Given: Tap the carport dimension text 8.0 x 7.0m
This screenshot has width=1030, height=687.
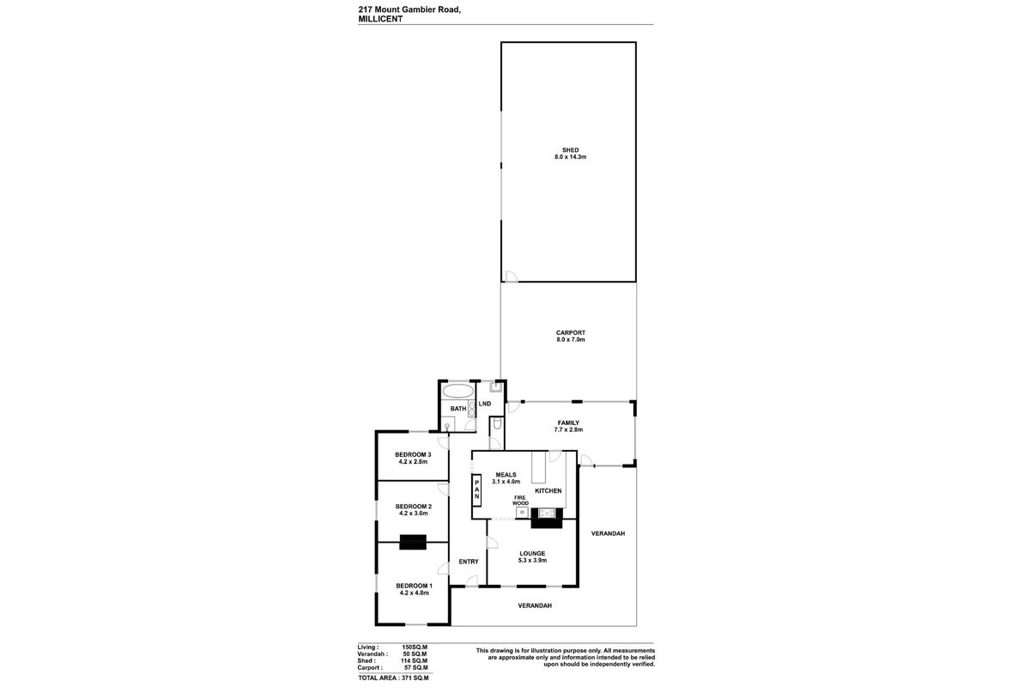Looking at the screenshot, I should (570, 340).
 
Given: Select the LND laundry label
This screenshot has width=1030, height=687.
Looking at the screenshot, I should (485, 404).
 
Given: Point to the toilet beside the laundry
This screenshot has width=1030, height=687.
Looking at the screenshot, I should (497, 426).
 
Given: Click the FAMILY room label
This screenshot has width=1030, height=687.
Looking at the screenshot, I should (568, 423).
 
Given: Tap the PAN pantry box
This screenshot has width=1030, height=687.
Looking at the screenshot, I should (476, 492).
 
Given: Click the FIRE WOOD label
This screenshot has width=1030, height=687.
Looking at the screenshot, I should (521, 501).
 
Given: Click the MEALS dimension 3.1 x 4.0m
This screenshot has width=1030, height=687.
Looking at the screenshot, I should (506, 482).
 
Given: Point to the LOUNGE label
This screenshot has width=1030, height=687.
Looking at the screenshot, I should (532, 553).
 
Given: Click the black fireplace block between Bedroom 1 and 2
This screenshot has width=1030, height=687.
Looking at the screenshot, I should (413, 542).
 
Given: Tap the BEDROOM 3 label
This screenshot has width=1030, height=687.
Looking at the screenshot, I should (413, 454).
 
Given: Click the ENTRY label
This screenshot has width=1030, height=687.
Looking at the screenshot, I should (469, 562).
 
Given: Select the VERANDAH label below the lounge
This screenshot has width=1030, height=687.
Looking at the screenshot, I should (534, 605).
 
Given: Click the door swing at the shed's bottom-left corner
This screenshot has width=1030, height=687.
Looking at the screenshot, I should (509, 277).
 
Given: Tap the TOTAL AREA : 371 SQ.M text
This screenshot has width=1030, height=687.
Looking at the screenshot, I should (392, 678).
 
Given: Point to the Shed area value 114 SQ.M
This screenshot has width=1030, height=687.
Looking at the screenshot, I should (415, 660).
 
